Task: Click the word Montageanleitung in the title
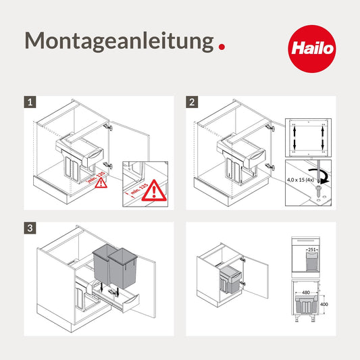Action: tap(119, 41)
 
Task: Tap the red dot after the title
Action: tap(222, 47)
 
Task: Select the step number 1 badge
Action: tap(30, 103)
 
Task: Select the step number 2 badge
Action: tap(193, 103)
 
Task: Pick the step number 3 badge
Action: tap(30, 228)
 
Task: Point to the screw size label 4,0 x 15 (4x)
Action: tap(301, 179)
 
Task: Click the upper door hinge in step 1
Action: tap(108, 126)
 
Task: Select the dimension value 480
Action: tap(306, 292)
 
